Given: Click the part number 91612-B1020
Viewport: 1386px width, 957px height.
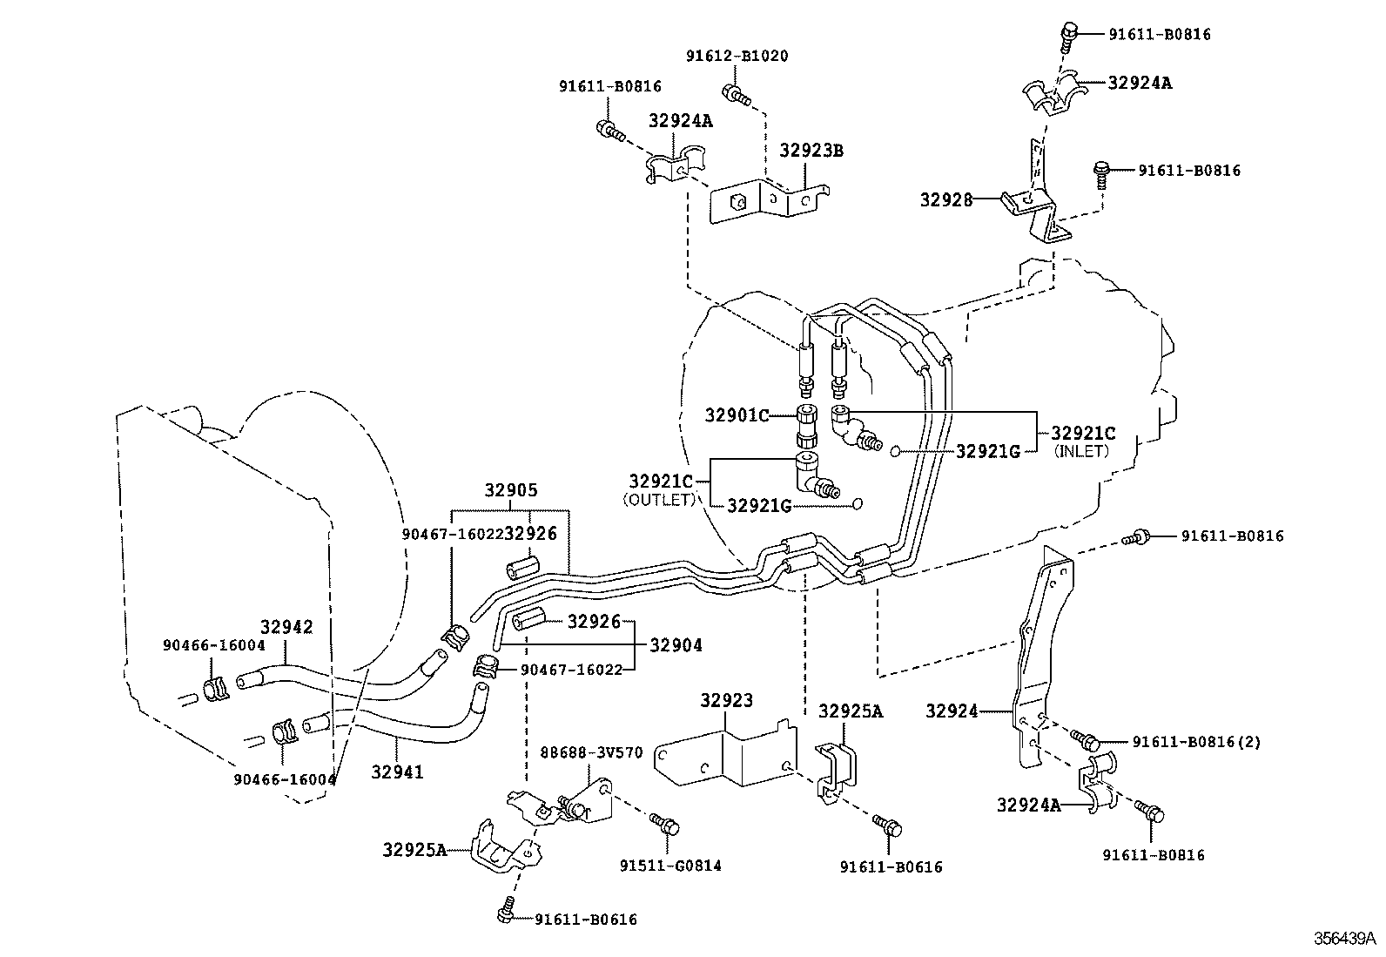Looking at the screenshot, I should click(737, 56).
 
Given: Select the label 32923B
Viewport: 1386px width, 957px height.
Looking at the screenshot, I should click(811, 150).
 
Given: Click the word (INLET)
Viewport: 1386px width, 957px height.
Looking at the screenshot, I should click(1082, 451).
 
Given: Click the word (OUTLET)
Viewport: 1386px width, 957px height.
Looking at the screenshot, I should click(659, 500).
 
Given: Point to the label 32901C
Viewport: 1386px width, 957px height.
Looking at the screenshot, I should click(737, 416).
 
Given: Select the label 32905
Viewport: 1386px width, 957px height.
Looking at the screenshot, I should click(511, 491).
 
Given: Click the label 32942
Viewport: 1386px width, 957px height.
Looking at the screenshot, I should click(286, 627).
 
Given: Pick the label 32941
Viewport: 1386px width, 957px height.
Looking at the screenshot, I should click(397, 772).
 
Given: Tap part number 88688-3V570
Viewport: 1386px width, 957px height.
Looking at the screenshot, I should click(591, 752).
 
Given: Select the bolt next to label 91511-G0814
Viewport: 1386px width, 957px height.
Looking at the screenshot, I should click(665, 823).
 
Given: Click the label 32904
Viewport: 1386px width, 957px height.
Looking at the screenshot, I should click(676, 645).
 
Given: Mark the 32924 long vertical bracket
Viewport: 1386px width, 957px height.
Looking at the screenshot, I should click(1041, 662).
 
